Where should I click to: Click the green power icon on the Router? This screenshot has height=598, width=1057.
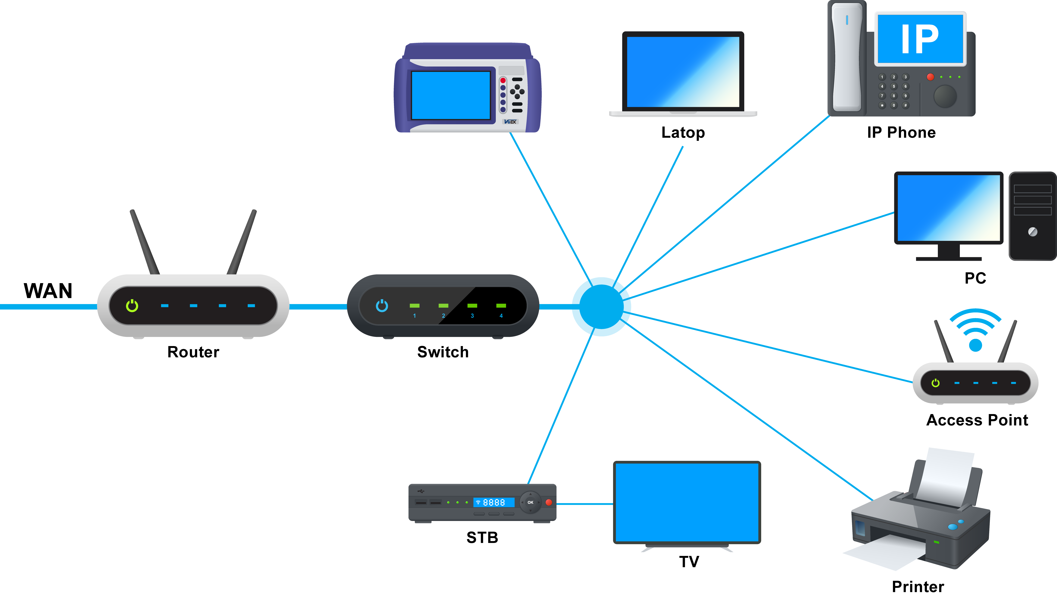pyautogui.click(x=132, y=305)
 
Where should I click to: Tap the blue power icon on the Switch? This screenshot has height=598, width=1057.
pyautogui.click(x=382, y=305)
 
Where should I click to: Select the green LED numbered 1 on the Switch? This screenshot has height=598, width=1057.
pyautogui.click(x=414, y=305)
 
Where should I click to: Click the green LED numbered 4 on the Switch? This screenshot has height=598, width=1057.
pyautogui.click(x=501, y=305)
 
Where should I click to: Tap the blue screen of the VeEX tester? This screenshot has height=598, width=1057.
pyautogui.click(x=451, y=95)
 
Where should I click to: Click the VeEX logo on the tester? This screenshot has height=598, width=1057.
pyautogui.click(x=510, y=122)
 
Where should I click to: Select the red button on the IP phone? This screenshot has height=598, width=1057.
pyautogui.click(x=931, y=77)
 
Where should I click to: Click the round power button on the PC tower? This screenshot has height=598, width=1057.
pyautogui.click(x=1032, y=232)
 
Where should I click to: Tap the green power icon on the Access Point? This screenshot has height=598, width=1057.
pyautogui.click(x=935, y=383)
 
